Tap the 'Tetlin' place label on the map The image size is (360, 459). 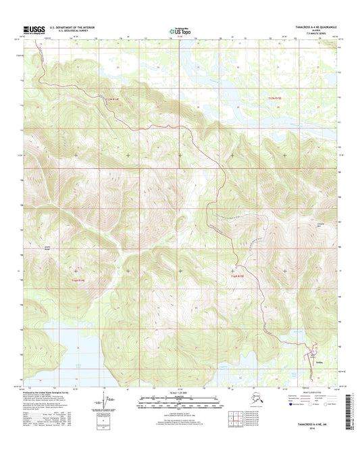pyautogui.click(x=317, y=361)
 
